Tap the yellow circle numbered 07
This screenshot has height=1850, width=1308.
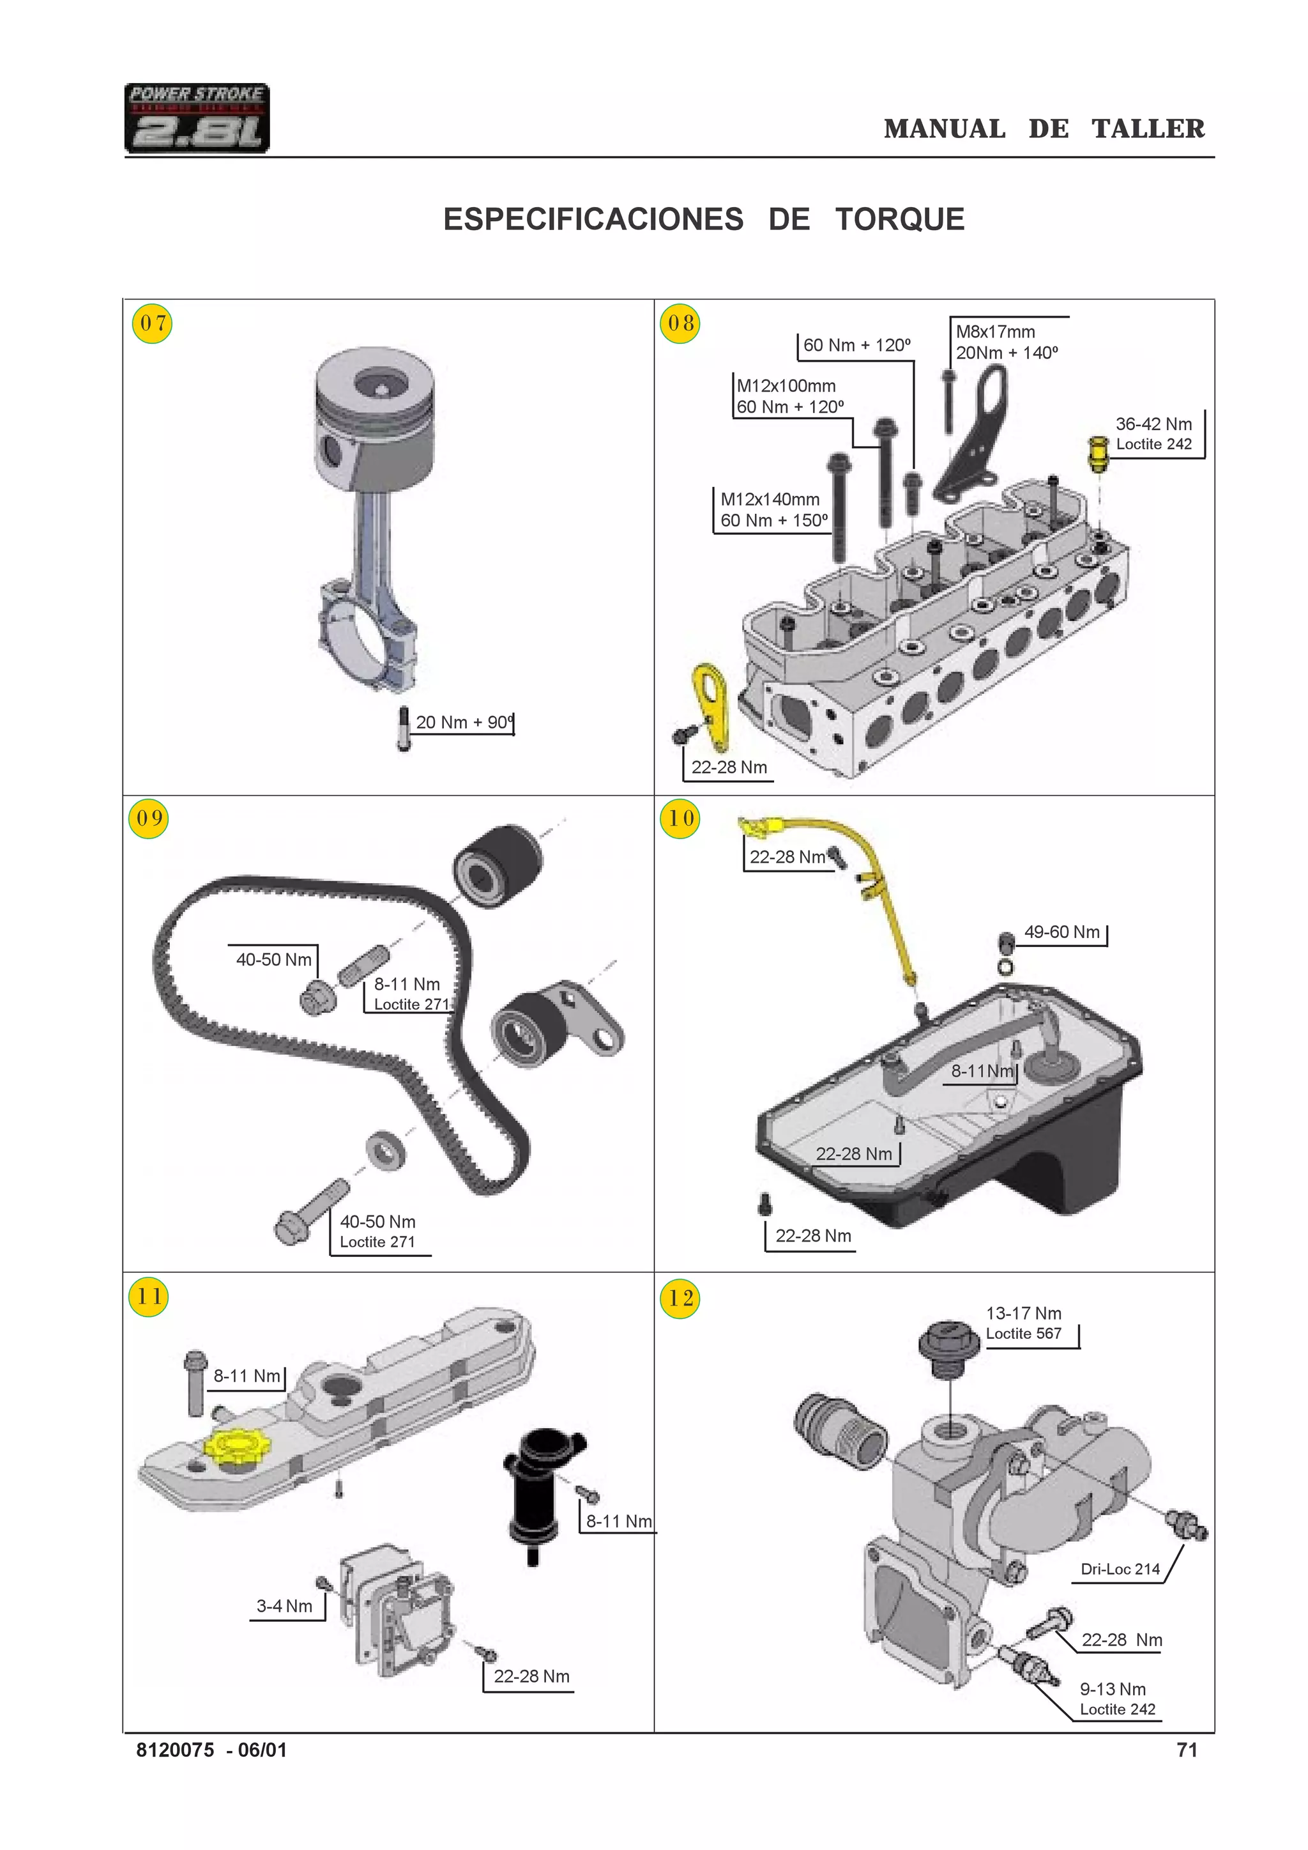point(151,323)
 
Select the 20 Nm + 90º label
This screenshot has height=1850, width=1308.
point(464,722)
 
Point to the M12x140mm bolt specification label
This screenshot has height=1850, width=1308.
point(772,510)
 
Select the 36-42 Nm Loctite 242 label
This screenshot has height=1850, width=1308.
point(1153,433)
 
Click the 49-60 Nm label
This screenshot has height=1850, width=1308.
point(1061,932)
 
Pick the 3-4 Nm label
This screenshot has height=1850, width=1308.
point(284,1606)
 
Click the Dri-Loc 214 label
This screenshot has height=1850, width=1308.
point(1120,1569)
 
